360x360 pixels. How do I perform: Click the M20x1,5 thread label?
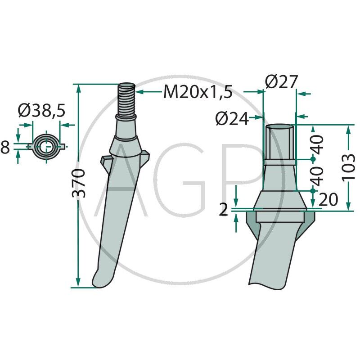click(198, 92)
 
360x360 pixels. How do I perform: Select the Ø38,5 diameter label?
click(41, 110)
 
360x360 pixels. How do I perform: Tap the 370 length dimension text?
click(79, 183)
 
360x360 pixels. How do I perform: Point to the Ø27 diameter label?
click(282, 81)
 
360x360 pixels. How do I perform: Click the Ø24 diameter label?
click(232, 119)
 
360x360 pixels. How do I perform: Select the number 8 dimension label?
click(5, 147)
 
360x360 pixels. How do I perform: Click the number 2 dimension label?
click(223, 210)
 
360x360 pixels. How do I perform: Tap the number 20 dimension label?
click(328, 199)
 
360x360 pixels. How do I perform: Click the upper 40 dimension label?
click(317, 145)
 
